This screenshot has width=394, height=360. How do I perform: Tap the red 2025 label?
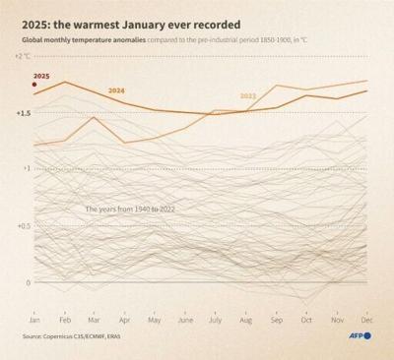pos(41,76)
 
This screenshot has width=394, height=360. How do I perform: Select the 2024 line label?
pos(116,90)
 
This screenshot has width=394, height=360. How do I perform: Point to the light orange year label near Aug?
pos(248,96)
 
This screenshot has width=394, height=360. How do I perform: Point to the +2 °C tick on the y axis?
pos(23,56)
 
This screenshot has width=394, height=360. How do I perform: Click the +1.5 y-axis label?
pos(24,113)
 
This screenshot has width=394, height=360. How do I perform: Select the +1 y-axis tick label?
pos(26,169)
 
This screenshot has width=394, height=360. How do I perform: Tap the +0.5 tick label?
pos(23,226)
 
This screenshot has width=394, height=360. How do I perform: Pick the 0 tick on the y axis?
pos(29,282)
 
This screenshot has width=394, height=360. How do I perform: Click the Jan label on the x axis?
pos(34,321)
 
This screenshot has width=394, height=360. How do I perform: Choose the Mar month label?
pos(94,321)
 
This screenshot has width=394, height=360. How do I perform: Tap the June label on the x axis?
pos(184,321)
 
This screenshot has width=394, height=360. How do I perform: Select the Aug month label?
pos(244,321)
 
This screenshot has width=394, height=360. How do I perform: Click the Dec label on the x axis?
pos(365,321)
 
